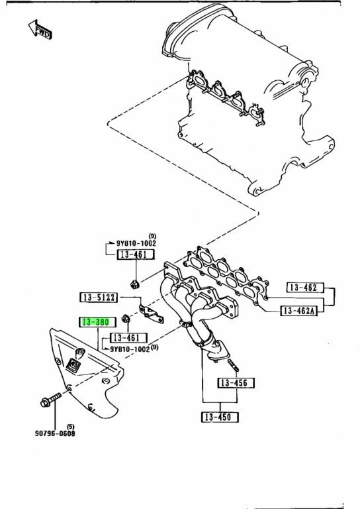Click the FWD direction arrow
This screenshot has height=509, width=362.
[x=40, y=30]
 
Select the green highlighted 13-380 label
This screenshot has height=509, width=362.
[x=97, y=322]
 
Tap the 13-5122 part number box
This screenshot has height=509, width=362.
[x=99, y=297]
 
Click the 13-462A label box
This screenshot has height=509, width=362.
[x=299, y=311]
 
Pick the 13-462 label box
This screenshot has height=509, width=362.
[x=306, y=287]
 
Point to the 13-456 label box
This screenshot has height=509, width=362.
[x=236, y=383]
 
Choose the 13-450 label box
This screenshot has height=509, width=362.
[x=220, y=417]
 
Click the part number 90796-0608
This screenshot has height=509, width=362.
[x=55, y=433]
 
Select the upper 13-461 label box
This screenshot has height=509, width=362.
[x=136, y=254]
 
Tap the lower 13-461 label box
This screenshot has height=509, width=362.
[x=128, y=338]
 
